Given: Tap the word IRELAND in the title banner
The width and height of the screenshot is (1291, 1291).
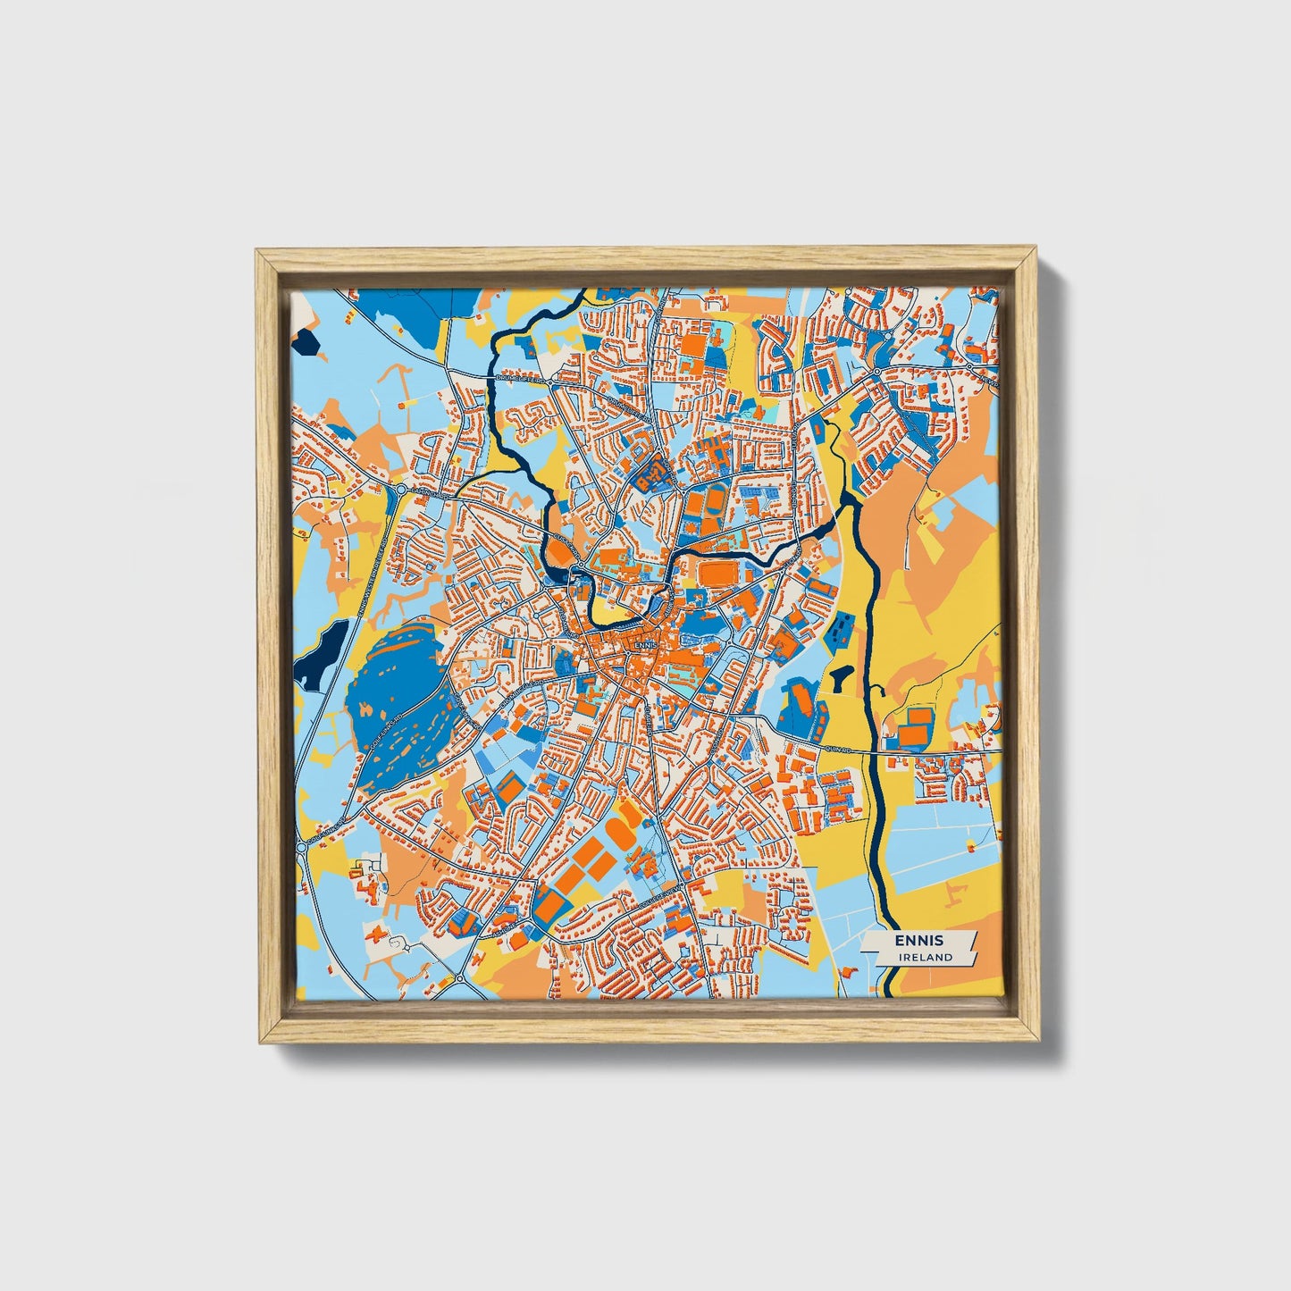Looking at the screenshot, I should tap(926, 957).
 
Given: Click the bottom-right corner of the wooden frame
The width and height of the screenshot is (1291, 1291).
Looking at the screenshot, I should tap(1040, 1042).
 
